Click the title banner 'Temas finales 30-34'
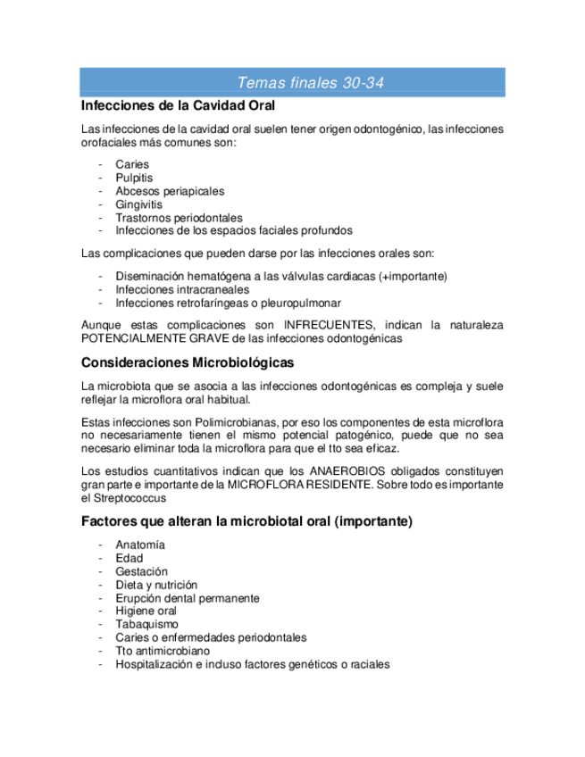[311, 83]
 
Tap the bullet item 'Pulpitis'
[134, 178]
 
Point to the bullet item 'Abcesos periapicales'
[170, 191]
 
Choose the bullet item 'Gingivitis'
[138, 204]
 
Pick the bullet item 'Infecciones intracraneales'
[182, 289]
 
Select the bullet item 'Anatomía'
[140, 545]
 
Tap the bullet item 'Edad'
[129, 558]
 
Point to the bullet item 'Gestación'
[141, 571]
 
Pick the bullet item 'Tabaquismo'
[146, 624]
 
